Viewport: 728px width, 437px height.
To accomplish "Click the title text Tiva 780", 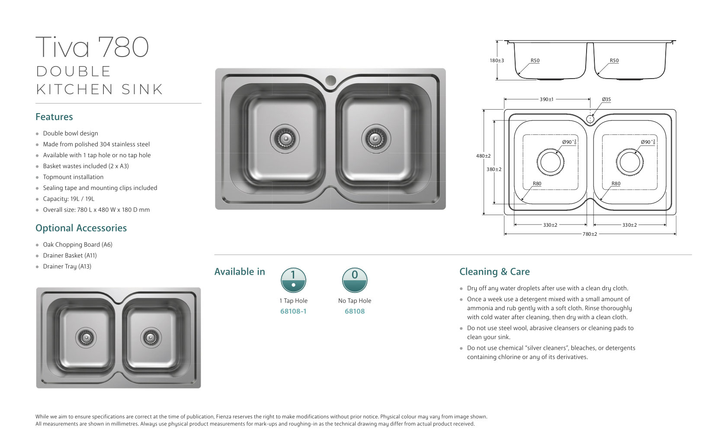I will point(92,47).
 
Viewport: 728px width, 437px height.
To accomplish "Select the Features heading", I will point(54,117).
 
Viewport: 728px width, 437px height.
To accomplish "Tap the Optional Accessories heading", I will point(81,228).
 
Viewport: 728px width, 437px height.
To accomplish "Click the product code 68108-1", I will point(293,311).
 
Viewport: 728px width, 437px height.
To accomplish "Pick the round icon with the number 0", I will point(355,280).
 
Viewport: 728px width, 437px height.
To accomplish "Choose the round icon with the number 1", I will point(293,280).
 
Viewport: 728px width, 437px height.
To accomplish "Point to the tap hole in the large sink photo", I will point(330,80).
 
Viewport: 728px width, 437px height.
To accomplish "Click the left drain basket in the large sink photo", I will point(284,138).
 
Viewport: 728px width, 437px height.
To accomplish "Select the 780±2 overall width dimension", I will point(590,234).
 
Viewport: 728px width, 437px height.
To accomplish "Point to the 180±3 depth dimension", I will point(497,61).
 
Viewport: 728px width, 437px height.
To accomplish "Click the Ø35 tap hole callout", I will point(606,100).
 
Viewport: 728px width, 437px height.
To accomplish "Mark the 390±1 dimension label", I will point(546,100).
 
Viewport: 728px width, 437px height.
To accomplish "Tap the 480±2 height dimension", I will point(483,156).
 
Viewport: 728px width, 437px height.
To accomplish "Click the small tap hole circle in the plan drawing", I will point(590,119).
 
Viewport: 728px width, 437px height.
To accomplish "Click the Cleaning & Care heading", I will point(494,272).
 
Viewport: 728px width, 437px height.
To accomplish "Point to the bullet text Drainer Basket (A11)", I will point(70,256).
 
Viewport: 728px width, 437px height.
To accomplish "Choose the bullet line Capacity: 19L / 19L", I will point(68,199).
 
